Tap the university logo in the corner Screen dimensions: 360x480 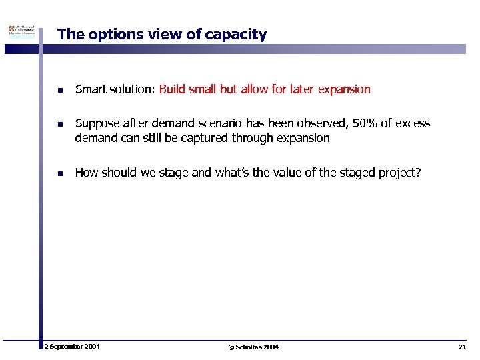coord(20,33)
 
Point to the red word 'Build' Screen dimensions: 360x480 coord(173,89)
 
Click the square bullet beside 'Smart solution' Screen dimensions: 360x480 coord(59,90)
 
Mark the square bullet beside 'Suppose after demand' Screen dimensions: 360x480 coord(59,124)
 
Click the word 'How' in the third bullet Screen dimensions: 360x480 coord(87,173)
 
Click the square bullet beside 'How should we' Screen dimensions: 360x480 coord(59,173)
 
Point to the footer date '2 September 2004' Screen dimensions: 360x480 coord(72,347)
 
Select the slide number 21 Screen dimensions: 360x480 coord(462,347)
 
